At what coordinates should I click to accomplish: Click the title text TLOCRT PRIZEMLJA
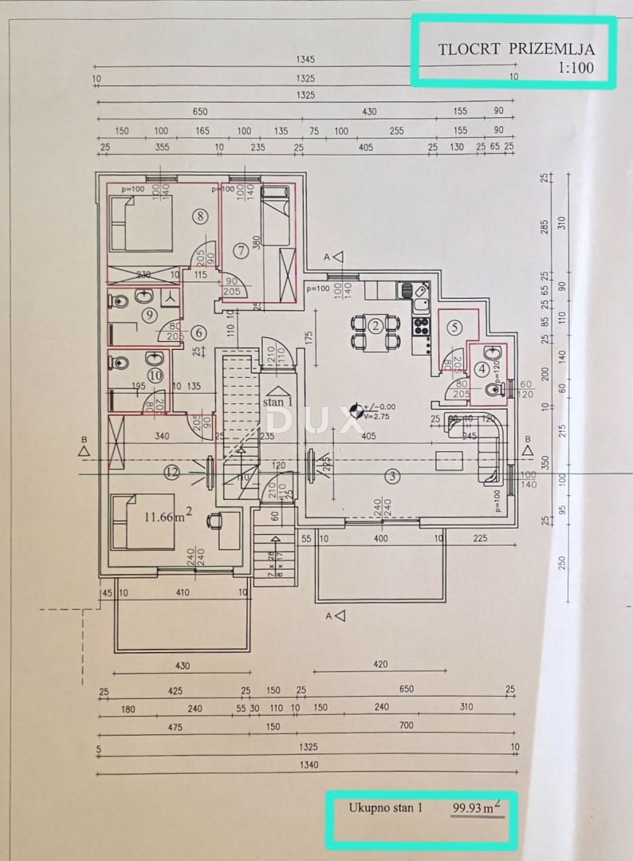coord(516,49)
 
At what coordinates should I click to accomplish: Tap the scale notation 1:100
coord(576,68)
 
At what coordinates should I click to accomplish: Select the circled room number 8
coord(199,215)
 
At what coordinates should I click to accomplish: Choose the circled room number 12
coord(172,472)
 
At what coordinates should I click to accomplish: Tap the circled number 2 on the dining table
coord(376,324)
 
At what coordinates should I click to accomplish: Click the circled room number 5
coord(454,327)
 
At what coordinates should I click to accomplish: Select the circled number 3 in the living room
coord(391,477)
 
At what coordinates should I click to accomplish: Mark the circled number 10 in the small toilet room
coord(155,373)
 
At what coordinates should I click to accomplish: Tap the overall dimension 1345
coord(305,60)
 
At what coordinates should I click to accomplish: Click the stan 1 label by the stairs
coord(277,403)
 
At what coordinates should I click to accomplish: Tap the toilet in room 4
coord(490,389)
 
